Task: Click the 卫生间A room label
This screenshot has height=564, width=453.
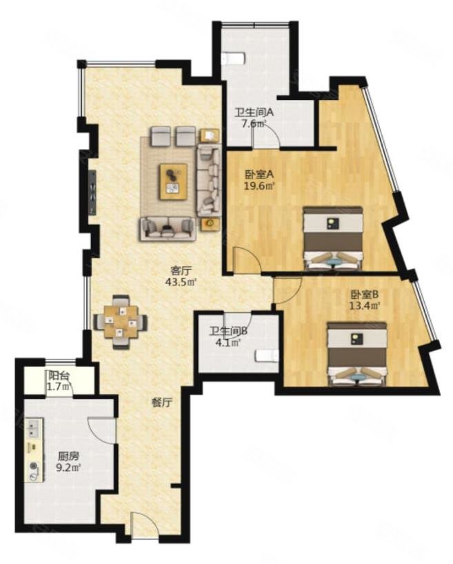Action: pos(254,112)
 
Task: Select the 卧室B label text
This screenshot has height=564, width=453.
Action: pos(365,295)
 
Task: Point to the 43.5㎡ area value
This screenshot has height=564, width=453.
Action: pos(181,281)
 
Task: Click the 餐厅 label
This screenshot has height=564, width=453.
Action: pos(161,403)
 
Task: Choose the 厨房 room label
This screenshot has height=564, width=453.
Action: pos(68,456)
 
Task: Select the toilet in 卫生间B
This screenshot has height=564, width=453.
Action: pos(267,356)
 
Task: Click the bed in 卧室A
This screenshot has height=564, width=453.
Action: pos(333,238)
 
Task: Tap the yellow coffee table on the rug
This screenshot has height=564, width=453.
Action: pos(174,181)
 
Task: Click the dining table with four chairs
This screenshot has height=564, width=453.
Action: pos(121,322)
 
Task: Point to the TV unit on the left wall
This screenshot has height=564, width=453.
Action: pos(93,192)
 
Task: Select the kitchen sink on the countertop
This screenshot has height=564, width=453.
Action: pos(34,429)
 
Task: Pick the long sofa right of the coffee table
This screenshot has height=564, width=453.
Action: pos(208,181)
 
